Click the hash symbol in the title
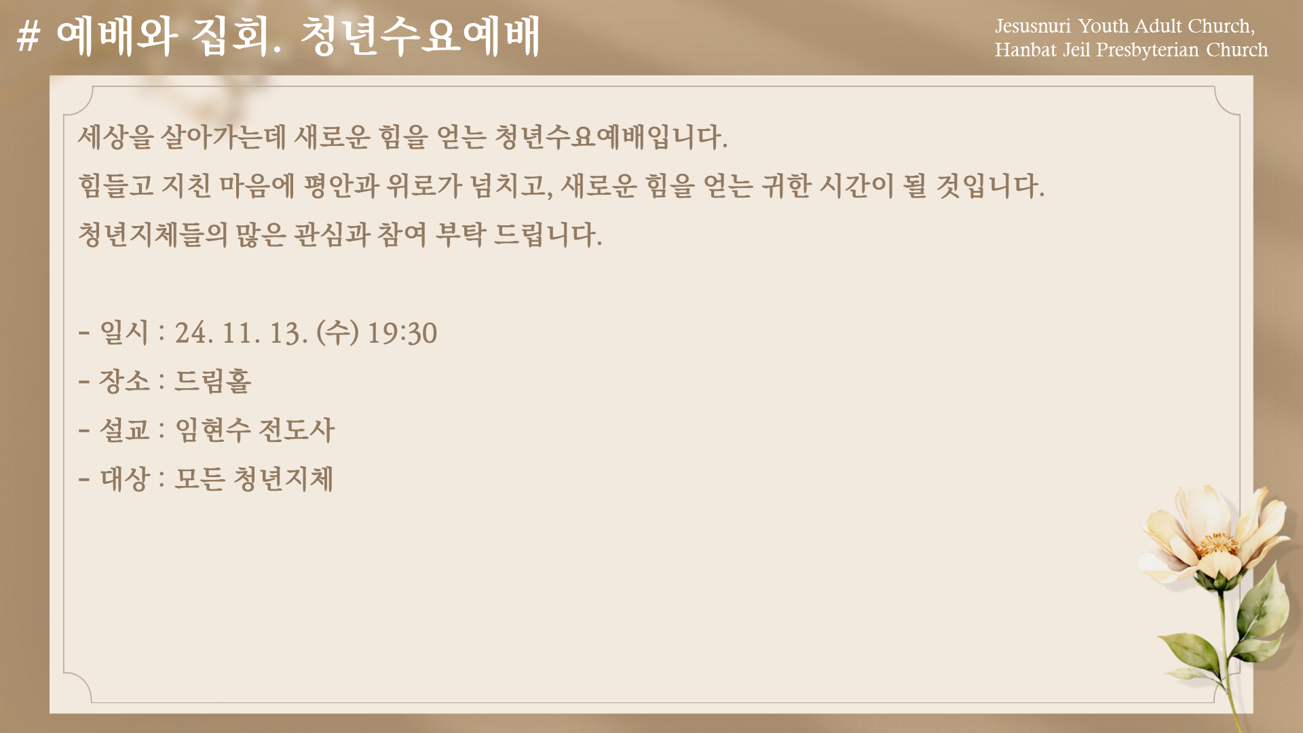28,36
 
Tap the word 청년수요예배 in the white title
419,36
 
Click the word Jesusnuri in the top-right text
1032,26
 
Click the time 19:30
402,333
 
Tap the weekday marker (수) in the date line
337,333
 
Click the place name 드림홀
213,381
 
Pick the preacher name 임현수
213,430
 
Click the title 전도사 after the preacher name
297,430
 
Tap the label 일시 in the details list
124,333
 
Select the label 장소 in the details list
124,381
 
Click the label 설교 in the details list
124,430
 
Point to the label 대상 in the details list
124,478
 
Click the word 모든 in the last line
200,478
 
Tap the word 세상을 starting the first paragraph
115,136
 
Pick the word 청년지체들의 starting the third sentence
153,234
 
